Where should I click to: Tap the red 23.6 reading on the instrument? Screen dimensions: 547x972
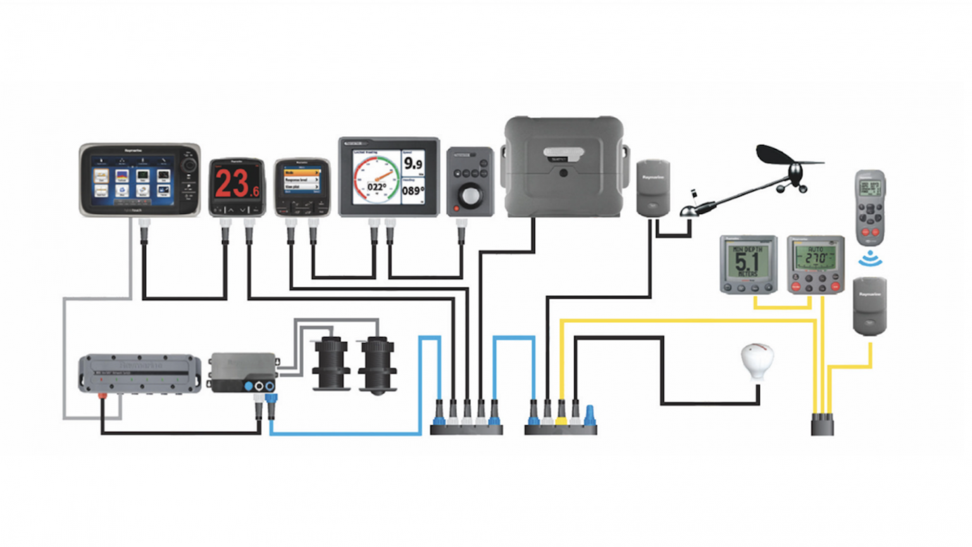(x=237, y=184)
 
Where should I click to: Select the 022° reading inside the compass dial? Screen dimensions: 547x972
(x=377, y=187)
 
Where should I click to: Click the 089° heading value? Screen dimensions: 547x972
(x=413, y=191)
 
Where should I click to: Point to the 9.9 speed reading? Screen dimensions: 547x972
(x=413, y=163)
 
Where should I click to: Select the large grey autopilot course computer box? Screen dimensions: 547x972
(x=564, y=166)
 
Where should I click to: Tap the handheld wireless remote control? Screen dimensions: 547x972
(x=870, y=207)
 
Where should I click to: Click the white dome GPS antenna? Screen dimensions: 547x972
(x=757, y=360)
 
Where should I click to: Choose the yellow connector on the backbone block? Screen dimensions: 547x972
(x=561, y=416)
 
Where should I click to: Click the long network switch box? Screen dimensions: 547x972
(x=140, y=374)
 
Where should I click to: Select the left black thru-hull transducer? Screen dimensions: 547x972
(x=331, y=362)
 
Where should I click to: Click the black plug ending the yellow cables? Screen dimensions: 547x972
(x=822, y=424)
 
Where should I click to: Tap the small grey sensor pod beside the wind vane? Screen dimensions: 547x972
(x=653, y=188)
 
